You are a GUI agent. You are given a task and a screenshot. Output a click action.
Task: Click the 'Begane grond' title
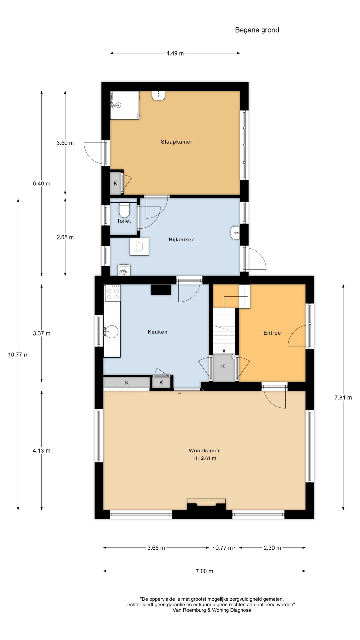pos(257,30)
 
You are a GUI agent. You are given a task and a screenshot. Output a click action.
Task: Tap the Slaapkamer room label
pos(177,142)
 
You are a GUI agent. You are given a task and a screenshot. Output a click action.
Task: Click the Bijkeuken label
pos(182,239)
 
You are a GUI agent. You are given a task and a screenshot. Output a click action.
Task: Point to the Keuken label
pos(157,332)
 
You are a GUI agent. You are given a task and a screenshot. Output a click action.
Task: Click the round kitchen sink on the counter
pos(111,332)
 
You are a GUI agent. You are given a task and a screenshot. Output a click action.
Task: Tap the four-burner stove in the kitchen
pos(113,293)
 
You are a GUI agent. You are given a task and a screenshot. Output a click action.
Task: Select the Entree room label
pos(272,333)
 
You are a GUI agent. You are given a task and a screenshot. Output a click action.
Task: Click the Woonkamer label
pos(204,450)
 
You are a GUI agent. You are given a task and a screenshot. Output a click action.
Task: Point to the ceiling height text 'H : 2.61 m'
pos(205,458)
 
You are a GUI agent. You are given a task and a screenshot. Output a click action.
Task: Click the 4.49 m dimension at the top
pos(175,53)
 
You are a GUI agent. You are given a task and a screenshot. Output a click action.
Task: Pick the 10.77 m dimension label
pos(18,355)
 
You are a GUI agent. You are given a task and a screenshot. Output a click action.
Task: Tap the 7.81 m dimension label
pos(343,397)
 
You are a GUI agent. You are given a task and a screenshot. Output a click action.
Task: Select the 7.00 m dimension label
pos(204,571)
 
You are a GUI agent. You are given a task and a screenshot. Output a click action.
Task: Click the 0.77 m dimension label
pos(224,548)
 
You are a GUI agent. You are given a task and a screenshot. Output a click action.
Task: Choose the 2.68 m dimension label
pos(65,237)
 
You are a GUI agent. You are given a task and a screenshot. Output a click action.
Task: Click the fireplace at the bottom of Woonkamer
pos(206,505)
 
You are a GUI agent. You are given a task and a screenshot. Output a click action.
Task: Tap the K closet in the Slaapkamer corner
pos(116,183)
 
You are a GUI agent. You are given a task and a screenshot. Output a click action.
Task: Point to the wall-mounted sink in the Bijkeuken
pos(235,233)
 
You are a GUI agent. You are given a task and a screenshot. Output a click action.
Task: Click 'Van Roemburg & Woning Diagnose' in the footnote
pos(212,610)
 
